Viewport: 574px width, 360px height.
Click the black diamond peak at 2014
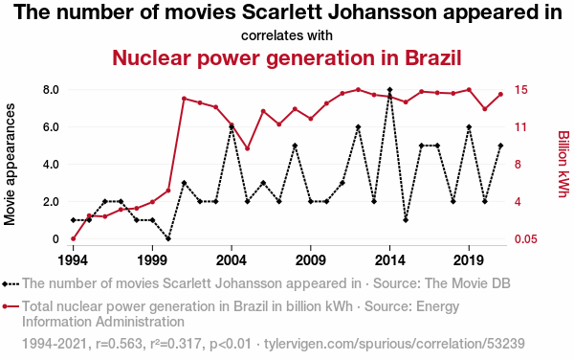390,90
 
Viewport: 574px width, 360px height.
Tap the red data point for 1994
74,238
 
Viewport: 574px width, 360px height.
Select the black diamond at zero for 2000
168,238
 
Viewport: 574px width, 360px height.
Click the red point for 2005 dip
247,148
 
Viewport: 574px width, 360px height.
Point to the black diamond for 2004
232,127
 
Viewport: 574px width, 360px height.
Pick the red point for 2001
184,99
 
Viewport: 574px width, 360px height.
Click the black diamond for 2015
406,220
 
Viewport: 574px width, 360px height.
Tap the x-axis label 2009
310,260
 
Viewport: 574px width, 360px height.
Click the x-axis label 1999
152,260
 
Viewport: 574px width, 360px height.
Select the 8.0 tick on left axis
51,90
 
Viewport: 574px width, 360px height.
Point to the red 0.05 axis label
525,239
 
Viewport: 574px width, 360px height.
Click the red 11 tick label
520,127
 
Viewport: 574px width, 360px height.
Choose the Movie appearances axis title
10,164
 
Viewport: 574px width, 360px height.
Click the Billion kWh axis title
563,164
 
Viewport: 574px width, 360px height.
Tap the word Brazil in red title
432,57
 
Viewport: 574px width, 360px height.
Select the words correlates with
287,35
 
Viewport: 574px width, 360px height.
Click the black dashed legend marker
11,283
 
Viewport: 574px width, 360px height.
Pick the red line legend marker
11,306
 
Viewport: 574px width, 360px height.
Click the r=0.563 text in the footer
119,344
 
